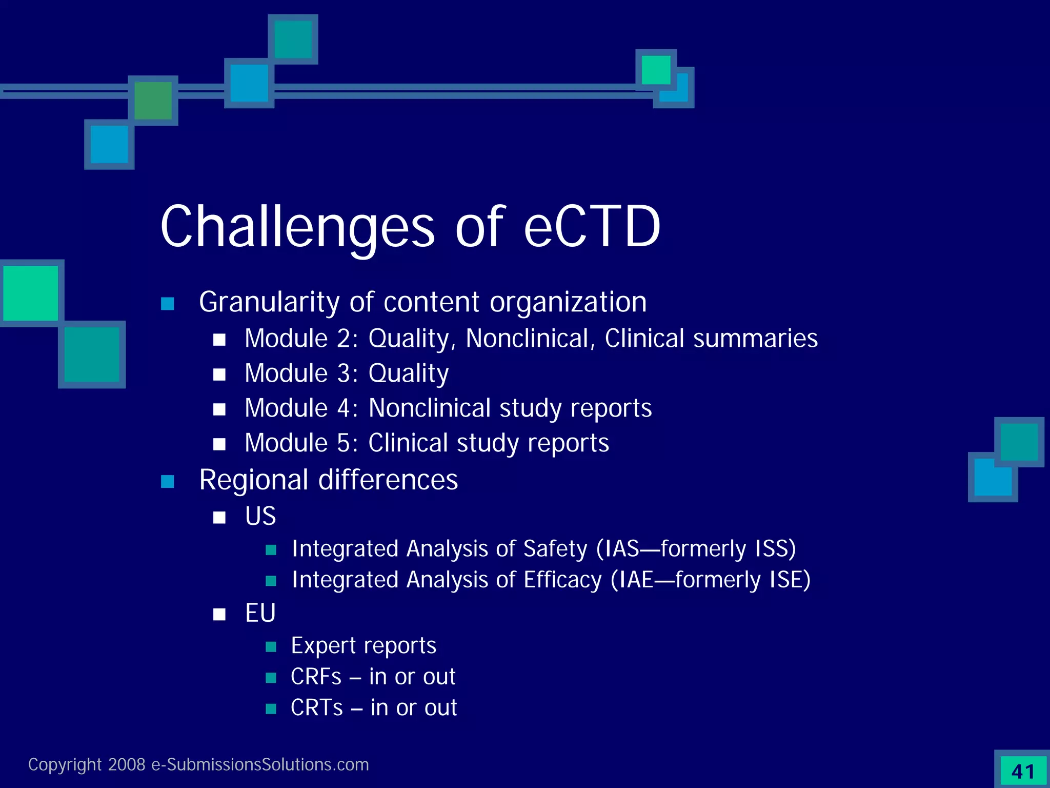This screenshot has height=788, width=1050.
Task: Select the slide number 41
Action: pyautogui.click(x=1023, y=772)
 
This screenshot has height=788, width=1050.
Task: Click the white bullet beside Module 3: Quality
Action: pyautogui.click(x=219, y=375)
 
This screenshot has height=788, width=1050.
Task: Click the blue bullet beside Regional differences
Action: pyautogui.click(x=168, y=481)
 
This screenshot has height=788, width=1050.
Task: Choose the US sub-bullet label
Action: pyautogui.click(x=260, y=516)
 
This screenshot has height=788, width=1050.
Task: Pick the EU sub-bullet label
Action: pyautogui.click(x=260, y=613)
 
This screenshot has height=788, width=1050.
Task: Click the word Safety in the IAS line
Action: pyautogui.click(x=555, y=549)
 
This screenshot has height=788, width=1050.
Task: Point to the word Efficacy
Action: pyautogui.click(x=562, y=580)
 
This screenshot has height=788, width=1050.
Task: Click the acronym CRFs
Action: pyautogui.click(x=316, y=677)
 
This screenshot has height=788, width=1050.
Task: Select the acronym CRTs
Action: pyautogui.click(x=316, y=708)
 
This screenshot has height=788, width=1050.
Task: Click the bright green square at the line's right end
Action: pyautogui.click(x=656, y=70)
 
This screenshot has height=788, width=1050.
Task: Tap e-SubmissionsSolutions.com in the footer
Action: pyautogui.click(x=260, y=765)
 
